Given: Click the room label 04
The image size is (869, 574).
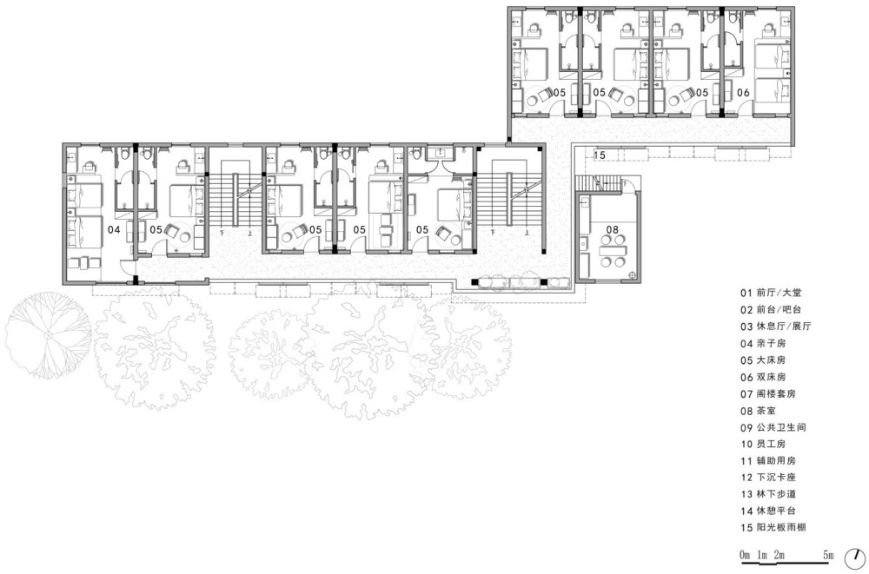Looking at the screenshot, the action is [114, 229].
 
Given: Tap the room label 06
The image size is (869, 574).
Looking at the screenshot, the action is [743, 93].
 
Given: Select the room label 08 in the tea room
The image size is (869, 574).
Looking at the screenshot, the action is [612, 229].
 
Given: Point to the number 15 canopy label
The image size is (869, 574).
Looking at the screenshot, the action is [599, 155].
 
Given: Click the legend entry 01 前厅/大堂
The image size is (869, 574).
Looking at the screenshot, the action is [771, 294].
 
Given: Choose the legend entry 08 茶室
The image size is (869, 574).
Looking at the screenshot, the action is [758, 411].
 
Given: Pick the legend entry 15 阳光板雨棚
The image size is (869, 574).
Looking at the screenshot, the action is [773, 527].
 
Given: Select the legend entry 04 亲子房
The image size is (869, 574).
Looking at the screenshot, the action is [763, 344].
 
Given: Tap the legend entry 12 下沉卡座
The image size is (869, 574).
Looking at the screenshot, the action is [767, 477].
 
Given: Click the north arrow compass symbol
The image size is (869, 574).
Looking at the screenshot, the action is [855, 558].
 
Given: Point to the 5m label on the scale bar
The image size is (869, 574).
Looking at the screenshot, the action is [828, 554].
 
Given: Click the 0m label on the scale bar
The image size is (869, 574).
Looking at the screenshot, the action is [745, 554].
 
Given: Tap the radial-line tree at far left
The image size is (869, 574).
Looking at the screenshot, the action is [48, 335].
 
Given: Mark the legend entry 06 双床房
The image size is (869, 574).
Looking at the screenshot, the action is [763, 377].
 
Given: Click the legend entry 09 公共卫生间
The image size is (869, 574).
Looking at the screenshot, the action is [773, 428].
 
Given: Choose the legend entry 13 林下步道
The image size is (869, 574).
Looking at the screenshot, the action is [767, 493].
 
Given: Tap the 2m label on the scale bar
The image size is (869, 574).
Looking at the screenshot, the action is [779, 554].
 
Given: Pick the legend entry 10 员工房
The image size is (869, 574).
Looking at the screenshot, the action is [763, 445].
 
